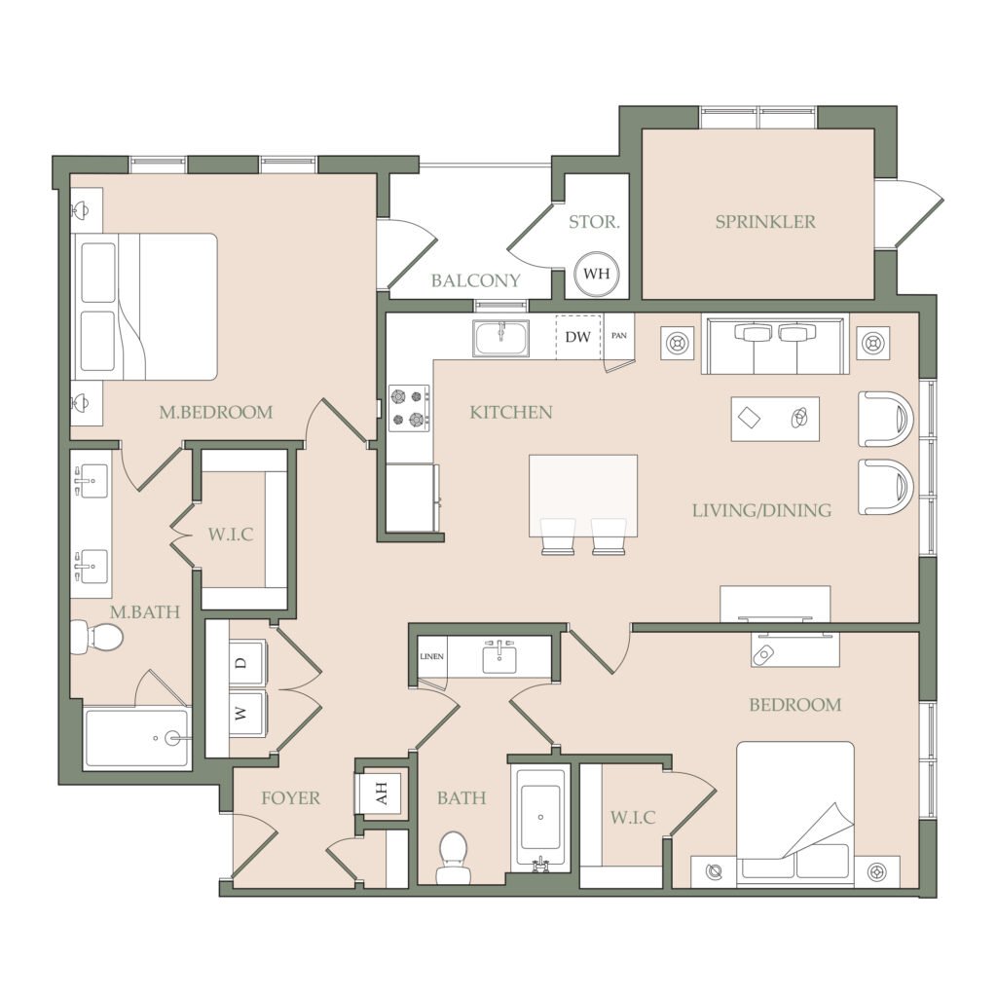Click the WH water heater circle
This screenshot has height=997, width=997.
(x=596, y=274)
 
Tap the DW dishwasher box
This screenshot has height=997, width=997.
(x=578, y=337)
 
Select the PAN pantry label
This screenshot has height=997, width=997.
(x=618, y=336)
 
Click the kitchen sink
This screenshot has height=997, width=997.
(x=501, y=338)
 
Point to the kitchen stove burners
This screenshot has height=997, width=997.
(x=409, y=408)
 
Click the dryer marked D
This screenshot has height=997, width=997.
(x=248, y=662)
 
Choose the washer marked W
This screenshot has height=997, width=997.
(x=248, y=714)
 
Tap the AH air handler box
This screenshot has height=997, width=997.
(x=381, y=793)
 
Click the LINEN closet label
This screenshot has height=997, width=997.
(x=431, y=656)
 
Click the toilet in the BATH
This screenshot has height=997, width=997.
(x=453, y=857)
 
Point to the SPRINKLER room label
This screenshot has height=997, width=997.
(x=765, y=222)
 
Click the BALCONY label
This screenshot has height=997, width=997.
(x=475, y=280)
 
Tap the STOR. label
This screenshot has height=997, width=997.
(x=594, y=222)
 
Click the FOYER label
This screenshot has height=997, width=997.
(x=290, y=798)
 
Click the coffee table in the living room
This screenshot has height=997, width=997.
(x=775, y=419)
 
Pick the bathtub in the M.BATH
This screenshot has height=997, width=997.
(x=137, y=738)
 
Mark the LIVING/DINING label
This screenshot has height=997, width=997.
(x=761, y=510)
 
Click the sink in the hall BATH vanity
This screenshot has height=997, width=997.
(x=499, y=657)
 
